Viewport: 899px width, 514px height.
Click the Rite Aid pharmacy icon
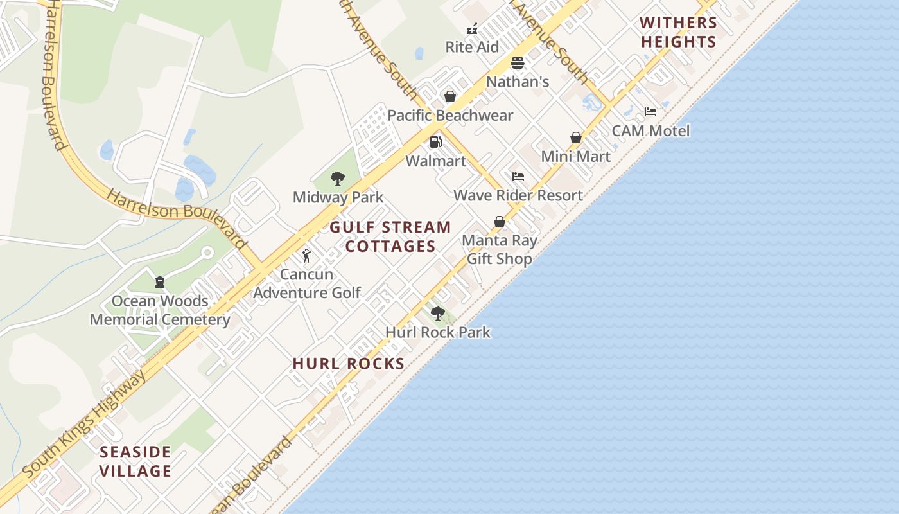tap(472, 29)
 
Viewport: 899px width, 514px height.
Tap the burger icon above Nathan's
tap(518, 63)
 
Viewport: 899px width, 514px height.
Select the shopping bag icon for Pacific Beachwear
tap(450, 96)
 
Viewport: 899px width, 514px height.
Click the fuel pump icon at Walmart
tap(435, 142)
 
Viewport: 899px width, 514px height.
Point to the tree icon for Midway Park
tap(338, 179)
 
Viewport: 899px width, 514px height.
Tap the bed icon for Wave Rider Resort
tap(518, 177)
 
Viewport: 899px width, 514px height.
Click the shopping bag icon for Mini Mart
tap(576, 137)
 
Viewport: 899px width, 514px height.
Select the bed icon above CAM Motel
tap(650, 112)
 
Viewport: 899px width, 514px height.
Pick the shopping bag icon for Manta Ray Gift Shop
tap(499, 222)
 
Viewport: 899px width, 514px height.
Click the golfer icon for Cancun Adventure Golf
tap(307, 256)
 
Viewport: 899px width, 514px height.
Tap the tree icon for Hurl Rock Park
tap(438, 314)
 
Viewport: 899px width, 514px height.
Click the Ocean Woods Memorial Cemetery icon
tap(159, 281)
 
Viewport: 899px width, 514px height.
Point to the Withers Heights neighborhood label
tap(678, 32)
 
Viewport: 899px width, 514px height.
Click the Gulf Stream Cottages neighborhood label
tap(390, 236)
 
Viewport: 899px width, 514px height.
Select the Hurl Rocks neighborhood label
tap(349, 364)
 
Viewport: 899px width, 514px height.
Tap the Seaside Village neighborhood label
tap(135, 461)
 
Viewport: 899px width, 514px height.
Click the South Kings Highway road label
tap(84, 424)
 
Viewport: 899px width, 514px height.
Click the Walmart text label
tap(436, 161)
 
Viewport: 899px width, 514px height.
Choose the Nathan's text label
tap(518, 82)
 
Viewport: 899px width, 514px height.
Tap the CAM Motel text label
tap(650, 131)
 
